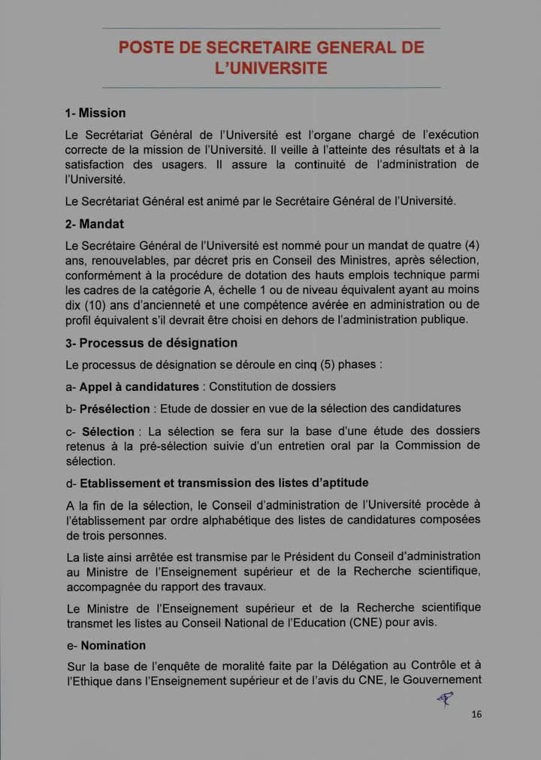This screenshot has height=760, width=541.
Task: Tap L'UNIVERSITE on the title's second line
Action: click(270, 68)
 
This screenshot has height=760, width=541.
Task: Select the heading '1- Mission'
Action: click(95, 114)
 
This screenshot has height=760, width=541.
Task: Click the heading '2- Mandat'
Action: click(95, 224)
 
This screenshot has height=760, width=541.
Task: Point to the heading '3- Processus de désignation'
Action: click(151, 343)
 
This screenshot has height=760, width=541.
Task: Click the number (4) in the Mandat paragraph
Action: click(473, 245)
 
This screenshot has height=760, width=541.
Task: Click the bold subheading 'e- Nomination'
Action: click(106, 646)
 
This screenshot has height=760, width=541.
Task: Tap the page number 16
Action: click(476, 714)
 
